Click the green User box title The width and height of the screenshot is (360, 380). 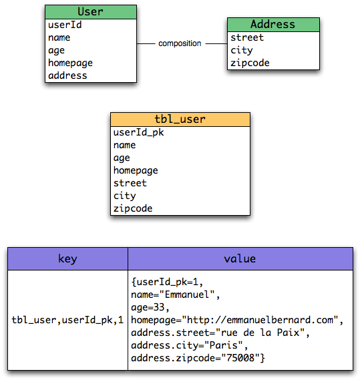(91, 11)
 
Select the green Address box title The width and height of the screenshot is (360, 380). (273, 25)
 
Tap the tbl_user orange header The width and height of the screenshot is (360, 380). (180, 120)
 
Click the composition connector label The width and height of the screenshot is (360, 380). (180, 43)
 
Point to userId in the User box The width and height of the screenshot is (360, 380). (65, 25)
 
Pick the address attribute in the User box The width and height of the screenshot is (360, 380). (67, 75)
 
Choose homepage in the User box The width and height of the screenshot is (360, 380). (71, 63)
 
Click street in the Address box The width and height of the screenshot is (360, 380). (247, 37)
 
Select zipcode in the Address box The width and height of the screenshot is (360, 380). (250, 63)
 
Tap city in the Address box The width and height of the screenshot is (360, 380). (242, 50)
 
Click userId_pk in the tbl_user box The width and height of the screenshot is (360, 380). (139, 132)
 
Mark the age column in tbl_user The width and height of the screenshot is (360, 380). (122, 158)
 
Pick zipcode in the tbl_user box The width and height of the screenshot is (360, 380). (133, 208)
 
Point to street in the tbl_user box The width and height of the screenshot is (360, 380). (130, 183)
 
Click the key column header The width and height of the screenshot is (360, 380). (67, 259)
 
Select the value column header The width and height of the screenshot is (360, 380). (240, 259)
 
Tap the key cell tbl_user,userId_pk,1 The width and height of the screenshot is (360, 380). (67, 320)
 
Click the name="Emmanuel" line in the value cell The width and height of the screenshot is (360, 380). (175, 295)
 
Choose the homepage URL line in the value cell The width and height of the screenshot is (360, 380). (237, 320)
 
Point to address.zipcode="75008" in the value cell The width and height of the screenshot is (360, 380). (198, 358)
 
